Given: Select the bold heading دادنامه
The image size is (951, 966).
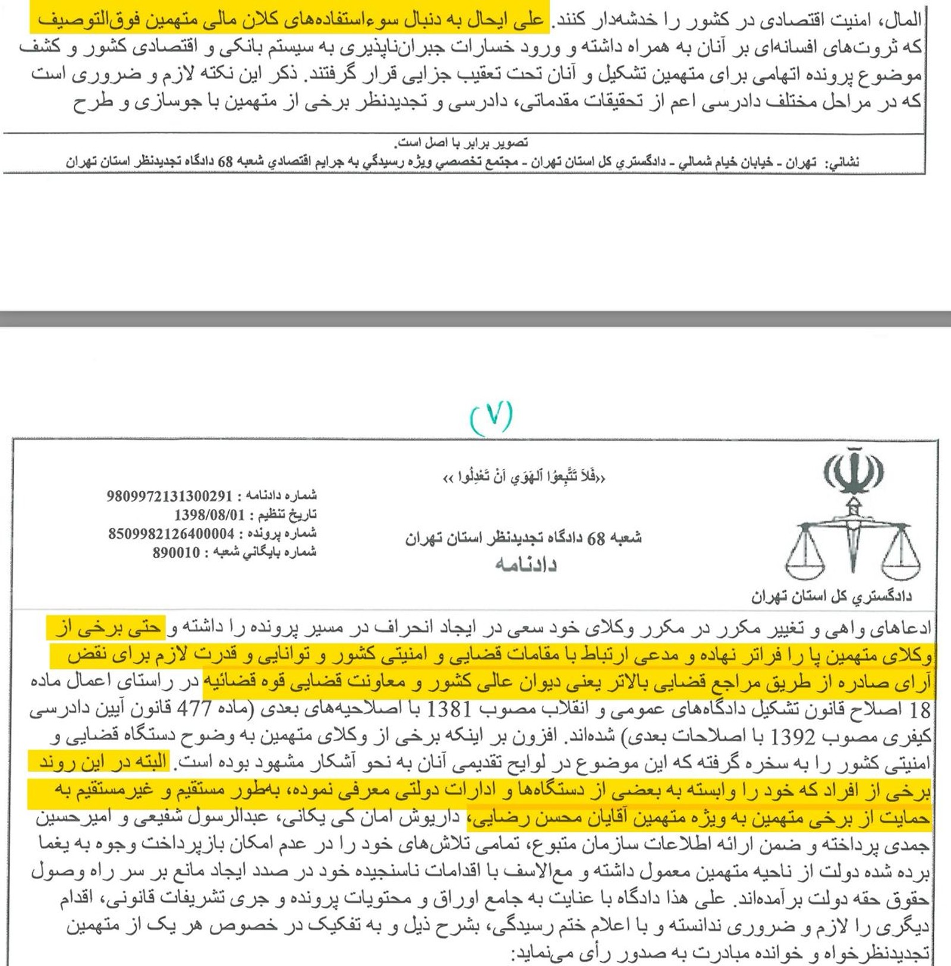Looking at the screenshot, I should point(525,564).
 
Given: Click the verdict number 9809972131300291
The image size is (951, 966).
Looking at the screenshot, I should point(169,496).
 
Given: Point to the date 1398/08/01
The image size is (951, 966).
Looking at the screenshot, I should point(210,515).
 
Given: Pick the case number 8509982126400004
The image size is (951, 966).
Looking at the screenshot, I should point(171,534).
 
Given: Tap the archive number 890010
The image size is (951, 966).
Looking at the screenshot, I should point(176,553).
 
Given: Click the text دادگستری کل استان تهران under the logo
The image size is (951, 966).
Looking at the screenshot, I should point(831,596).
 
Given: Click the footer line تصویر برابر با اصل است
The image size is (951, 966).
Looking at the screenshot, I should point(461,143).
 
